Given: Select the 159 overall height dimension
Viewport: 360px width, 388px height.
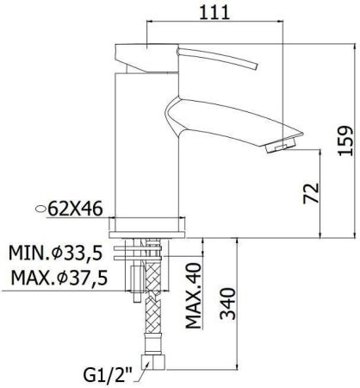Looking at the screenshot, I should click(x=345, y=136).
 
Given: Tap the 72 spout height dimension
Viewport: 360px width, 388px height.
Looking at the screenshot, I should click(x=311, y=191).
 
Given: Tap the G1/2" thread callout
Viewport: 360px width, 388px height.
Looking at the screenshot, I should click(x=107, y=375).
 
